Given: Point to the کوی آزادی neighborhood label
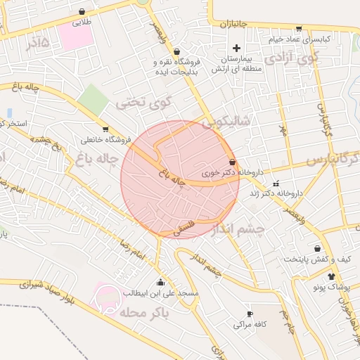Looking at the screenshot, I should (x=293, y=56).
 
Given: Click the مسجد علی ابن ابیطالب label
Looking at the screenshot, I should (x=161, y=292).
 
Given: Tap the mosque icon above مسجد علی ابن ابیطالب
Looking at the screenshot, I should (x=161, y=283).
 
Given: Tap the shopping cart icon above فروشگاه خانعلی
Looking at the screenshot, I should (x=105, y=129).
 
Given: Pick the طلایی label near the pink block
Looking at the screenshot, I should (x=83, y=22).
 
